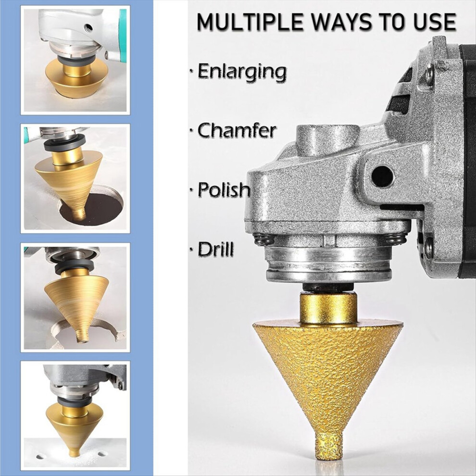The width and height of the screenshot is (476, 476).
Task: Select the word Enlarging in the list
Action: (x=242, y=72)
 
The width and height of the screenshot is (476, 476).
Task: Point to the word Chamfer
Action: (x=237, y=130)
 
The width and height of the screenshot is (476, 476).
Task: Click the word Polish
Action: (x=224, y=189)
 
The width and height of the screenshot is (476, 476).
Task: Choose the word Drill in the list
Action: (x=216, y=249)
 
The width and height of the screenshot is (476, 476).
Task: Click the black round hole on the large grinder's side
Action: (x=382, y=176)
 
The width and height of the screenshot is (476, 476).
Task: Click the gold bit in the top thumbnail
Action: (x=76, y=78)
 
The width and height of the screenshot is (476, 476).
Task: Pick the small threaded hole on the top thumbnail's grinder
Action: (x=88, y=26)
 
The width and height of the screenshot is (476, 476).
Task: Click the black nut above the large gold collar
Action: (x=328, y=287)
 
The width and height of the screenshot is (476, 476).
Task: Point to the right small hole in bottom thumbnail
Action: (x=102, y=454)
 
